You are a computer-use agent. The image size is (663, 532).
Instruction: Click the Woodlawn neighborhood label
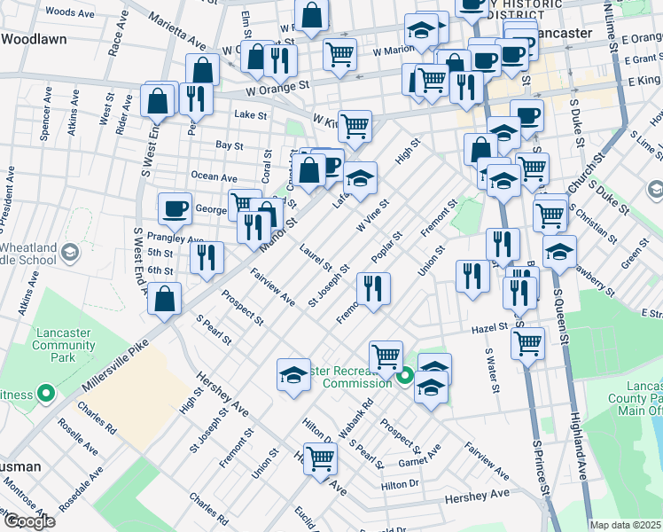(35, 40)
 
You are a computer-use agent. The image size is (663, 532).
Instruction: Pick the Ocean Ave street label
(214, 176)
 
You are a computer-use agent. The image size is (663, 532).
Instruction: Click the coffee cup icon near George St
(175, 209)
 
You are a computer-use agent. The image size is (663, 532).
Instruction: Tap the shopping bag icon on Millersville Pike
(165, 299)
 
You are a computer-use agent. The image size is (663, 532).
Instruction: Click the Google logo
(28, 521)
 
